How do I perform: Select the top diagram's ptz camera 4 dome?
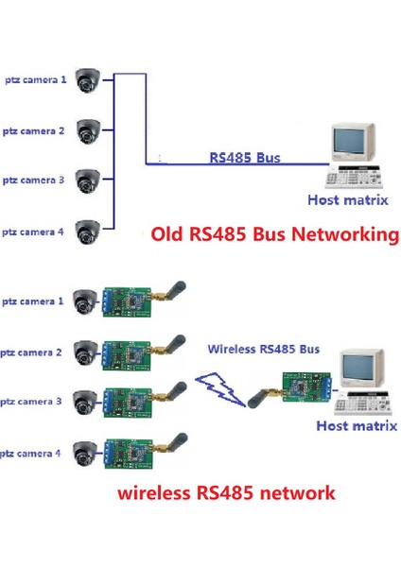pos(90,229)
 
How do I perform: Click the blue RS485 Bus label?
pos(244,159)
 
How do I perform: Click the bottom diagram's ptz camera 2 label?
pos(33,352)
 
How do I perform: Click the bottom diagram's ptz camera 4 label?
pos(33,454)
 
